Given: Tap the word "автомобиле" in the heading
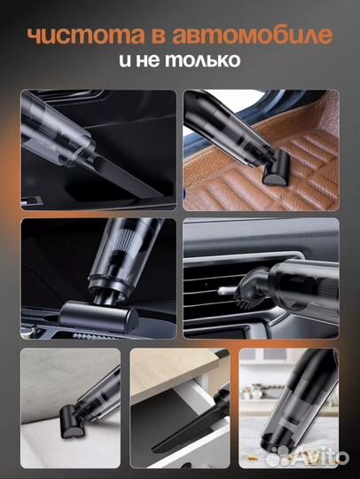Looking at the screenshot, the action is (x=252, y=35).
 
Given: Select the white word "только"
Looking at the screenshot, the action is (x=203, y=59).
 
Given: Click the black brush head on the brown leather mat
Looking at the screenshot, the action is (x=276, y=169).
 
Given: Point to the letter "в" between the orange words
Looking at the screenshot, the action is (x=159, y=36).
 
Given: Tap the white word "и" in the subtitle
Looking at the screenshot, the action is (x=126, y=60).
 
